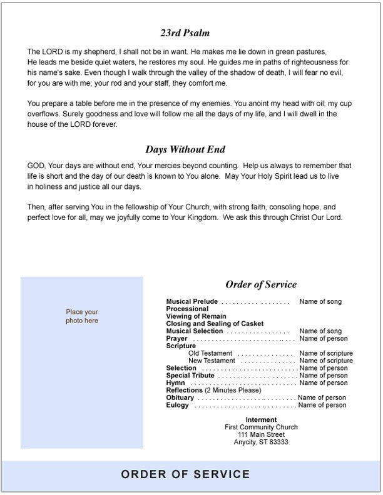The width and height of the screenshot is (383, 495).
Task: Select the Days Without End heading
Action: (185, 149)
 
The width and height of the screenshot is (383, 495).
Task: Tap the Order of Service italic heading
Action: (261, 284)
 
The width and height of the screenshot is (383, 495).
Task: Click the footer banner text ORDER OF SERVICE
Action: (185, 474)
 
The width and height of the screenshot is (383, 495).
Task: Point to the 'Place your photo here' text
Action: (82, 316)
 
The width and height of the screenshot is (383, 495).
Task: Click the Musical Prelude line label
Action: (192, 302)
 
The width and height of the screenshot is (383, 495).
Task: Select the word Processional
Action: (187, 309)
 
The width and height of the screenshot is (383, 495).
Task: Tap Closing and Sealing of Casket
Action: (215, 324)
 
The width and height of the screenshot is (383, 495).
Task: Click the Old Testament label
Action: (212, 354)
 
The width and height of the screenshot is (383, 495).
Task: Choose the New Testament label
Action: (212, 361)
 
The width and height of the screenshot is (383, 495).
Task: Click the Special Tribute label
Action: (190, 376)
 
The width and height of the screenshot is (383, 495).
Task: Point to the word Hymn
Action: (175, 383)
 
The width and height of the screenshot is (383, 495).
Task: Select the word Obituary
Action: (180, 398)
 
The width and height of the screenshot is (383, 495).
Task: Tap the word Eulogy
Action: (178, 406)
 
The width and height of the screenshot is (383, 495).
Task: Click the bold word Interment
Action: (261, 420)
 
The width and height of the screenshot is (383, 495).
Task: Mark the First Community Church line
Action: (261, 427)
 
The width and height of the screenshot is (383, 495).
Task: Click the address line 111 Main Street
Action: (261, 435)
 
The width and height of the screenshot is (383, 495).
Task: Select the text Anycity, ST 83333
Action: (261, 442)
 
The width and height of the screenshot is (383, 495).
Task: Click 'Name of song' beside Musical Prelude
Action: (320, 302)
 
